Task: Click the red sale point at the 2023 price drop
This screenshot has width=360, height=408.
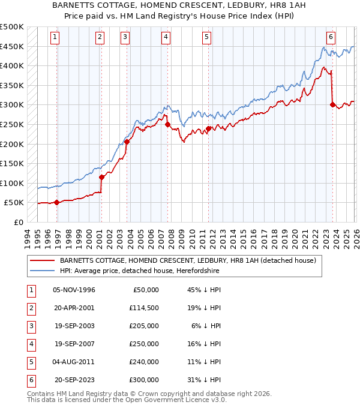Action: click(x=332, y=104)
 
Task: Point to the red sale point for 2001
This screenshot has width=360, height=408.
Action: click(x=101, y=177)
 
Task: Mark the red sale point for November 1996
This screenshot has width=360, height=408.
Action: click(x=56, y=202)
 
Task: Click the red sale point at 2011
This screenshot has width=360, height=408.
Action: click(x=208, y=128)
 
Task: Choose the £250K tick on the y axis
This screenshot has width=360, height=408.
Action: click(x=12, y=124)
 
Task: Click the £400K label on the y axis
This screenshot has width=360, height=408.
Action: click(x=12, y=66)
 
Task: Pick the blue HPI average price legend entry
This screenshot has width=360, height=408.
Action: click(x=139, y=271)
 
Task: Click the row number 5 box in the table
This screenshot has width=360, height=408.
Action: click(x=29, y=361)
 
